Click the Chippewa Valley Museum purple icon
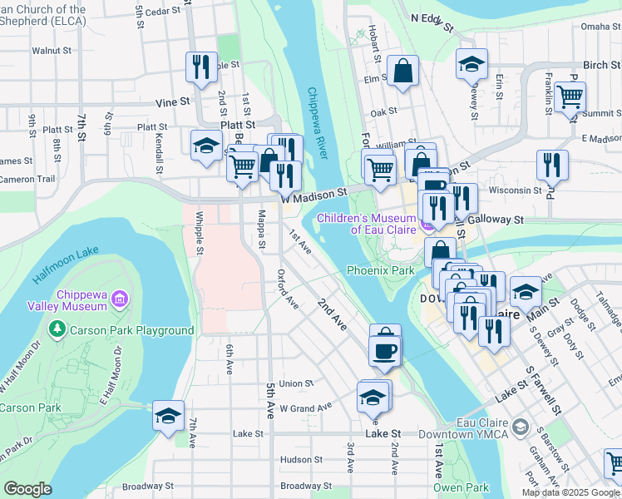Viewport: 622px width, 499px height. click(120, 298)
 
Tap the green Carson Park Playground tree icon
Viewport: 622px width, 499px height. click(57, 330)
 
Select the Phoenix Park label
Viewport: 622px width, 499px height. click(380, 270)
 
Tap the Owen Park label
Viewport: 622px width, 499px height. click(461, 487)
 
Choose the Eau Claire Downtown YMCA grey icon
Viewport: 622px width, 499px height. click(521, 427)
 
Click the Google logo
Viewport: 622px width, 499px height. click(28, 489)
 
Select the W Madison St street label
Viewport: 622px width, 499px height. click(313, 195)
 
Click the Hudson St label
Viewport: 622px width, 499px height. click(301, 459)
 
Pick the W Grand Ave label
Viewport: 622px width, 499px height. click(305, 408)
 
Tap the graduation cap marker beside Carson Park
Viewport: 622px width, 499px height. click(168, 415)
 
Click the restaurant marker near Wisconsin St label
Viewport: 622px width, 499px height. click(552, 166)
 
